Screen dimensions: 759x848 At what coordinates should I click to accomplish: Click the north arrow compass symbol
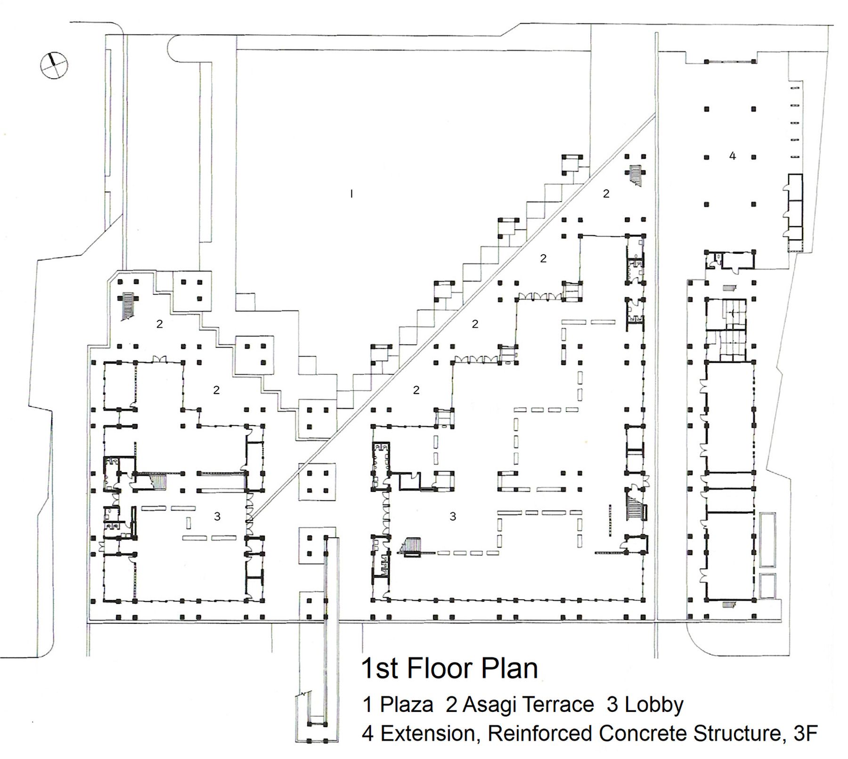[54, 65]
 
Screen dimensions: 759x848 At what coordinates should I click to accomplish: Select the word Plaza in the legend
[406, 705]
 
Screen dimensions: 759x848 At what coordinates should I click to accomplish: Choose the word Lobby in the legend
[654, 705]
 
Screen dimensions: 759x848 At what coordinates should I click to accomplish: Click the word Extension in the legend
[430, 734]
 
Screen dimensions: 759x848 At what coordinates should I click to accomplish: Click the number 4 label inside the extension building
[732, 156]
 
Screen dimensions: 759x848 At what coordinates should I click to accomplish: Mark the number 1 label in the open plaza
[351, 194]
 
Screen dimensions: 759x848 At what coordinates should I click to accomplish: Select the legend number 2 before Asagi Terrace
[451, 705]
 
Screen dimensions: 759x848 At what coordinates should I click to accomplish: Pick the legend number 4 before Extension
[368, 734]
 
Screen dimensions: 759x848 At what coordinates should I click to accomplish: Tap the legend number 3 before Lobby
[612, 705]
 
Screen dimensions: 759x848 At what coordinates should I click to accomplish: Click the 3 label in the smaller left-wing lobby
[217, 517]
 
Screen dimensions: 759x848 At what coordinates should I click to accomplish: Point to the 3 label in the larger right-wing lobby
[453, 517]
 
